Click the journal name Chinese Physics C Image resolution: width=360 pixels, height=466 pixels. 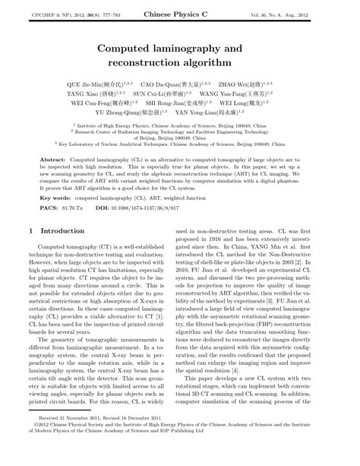[x=179, y=14]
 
